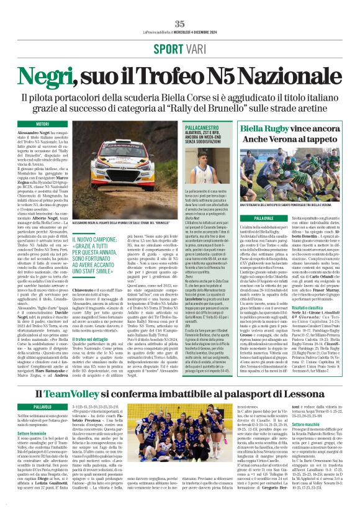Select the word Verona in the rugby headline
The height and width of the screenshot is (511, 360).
276,140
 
